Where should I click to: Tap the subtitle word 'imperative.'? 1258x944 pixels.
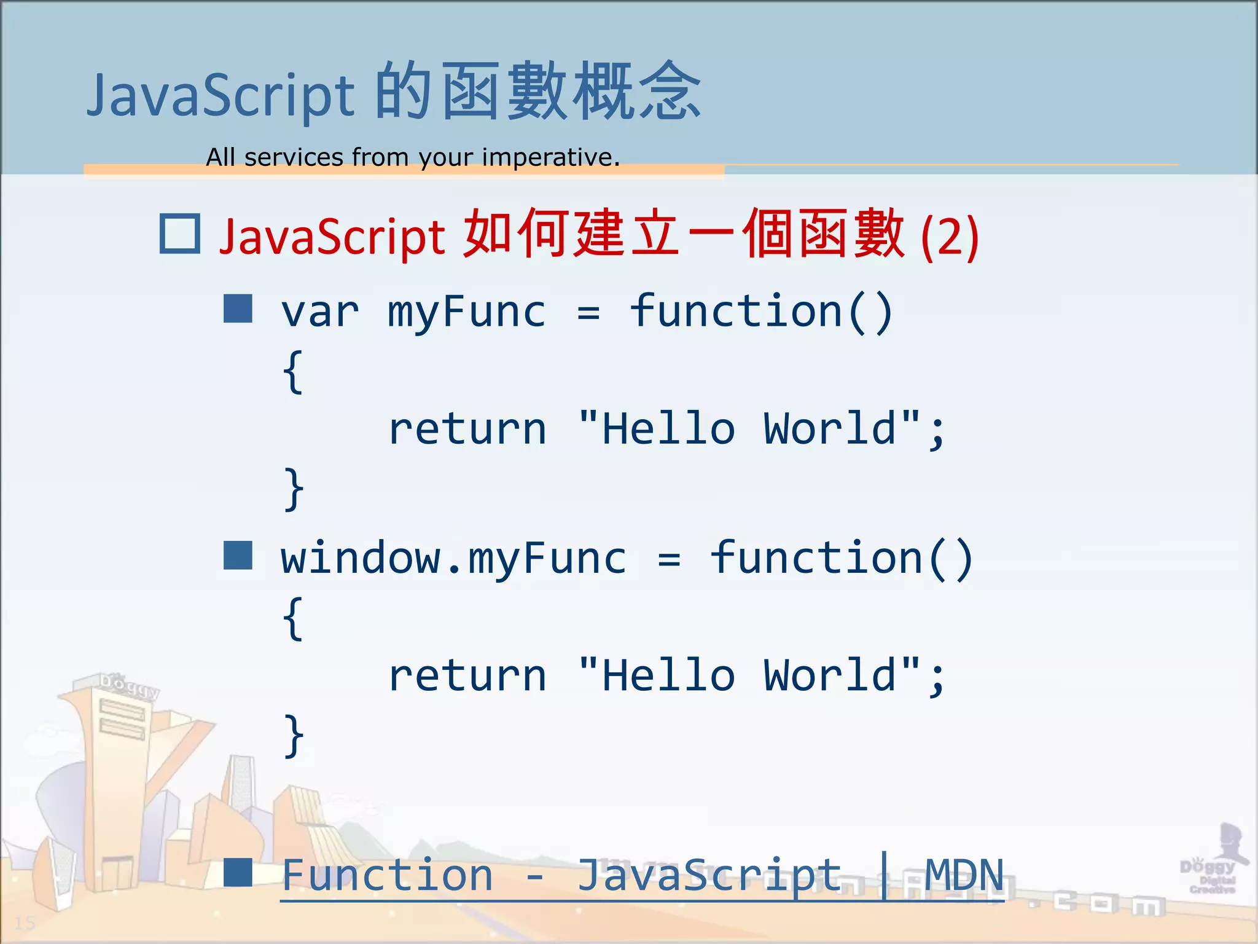click(550, 157)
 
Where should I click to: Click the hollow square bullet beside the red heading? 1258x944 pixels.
click(179, 234)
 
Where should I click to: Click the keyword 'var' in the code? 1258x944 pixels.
click(320, 312)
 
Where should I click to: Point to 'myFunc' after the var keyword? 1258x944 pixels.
click(466, 313)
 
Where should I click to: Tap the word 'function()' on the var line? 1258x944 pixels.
click(761, 312)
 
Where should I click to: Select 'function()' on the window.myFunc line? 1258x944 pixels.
click(842, 559)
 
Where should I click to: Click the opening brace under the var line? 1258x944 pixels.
click(294, 372)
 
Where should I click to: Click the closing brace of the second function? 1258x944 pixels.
click(294, 736)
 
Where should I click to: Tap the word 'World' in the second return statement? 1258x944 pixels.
click(830, 675)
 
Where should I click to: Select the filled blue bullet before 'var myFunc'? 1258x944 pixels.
click(238, 309)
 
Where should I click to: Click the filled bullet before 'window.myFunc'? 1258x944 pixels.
click(238, 556)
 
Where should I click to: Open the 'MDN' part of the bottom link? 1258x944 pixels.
click(964, 875)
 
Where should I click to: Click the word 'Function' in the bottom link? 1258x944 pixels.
click(387, 875)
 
